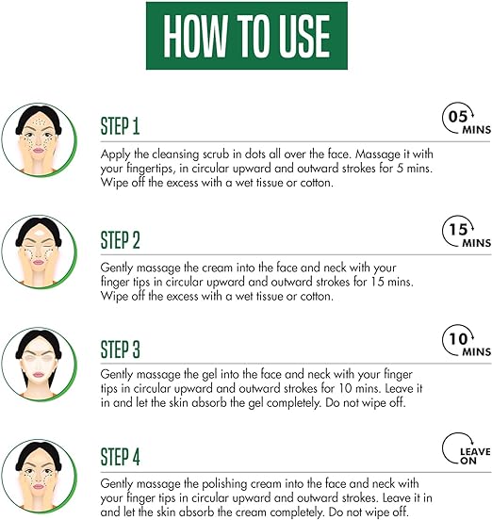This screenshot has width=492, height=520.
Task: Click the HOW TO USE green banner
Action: tap(247, 36)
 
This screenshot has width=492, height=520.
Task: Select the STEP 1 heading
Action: tap(120, 126)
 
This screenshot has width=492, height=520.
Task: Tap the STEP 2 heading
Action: tap(120, 240)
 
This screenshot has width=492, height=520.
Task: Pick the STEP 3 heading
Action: tap(120, 349)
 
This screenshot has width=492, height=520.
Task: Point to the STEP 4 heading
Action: tap(120, 457)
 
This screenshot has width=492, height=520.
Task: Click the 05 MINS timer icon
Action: tap(467, 119)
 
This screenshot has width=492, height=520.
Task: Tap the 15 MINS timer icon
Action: tap(467, 232)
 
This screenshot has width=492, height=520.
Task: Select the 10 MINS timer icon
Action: tap(467, 341)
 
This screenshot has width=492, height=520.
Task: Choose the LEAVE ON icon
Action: tap(467, 448)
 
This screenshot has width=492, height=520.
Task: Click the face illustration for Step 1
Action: tap(39, 139)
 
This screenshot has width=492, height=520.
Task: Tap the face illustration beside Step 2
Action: tap(39, 252)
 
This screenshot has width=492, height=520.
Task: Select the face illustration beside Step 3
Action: tap(39, 364)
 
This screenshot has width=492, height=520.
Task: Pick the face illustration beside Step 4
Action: tap(39, 476)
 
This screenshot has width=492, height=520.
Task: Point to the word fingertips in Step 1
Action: tap(150, 169)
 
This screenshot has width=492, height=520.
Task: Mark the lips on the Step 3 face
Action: tap(39, 374)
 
